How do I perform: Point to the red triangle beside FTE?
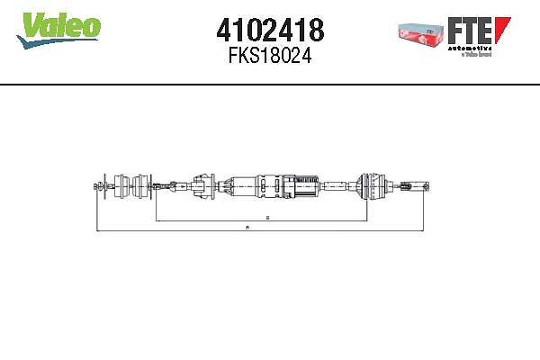tap(504, 28)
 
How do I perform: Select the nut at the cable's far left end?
tap(97, 187)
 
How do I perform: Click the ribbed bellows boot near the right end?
tap(368, 186)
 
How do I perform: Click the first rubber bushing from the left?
tap(121, 186)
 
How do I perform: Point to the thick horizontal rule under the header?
tap(270, 85)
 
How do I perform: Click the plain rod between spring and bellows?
tap(337, 187)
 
